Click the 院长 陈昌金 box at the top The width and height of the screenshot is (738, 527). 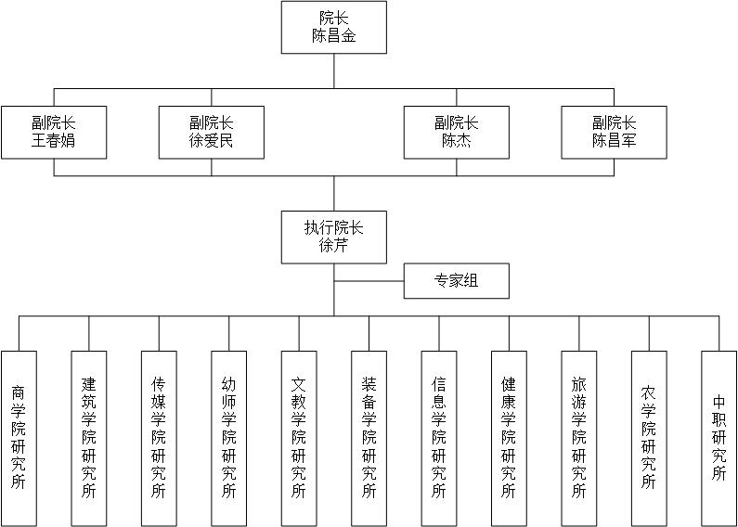click(334, 27)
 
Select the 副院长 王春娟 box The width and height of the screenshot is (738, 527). click(54, 133)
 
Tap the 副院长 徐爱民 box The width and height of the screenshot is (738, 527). click(212, 133)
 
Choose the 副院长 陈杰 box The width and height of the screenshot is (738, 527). click(457, 133)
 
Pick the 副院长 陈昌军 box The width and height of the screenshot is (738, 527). click(615, 133)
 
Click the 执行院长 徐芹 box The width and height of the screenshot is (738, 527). click(334, 238)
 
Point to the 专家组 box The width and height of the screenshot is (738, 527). click(457, 281)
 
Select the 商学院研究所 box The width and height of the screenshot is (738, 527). click(19, 439)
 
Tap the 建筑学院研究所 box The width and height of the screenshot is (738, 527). click(89, 439)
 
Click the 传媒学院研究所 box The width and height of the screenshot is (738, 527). click(159, 439)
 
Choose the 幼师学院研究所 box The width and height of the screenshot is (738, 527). click(229, 439)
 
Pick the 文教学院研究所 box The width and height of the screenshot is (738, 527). click(299, 439)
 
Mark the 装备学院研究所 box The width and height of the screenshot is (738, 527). click(369, 439)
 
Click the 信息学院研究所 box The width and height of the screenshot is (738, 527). click(439, 439)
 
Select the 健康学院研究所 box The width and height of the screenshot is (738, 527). click(510, 439)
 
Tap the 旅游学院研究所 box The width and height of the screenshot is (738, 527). click(579, 439)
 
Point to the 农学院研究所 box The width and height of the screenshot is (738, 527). click(650, 439)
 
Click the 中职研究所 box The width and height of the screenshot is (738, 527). click(719, 439)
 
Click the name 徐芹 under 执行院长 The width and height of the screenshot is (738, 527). click(333, 246)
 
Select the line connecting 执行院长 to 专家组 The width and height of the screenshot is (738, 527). click(369, 281)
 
